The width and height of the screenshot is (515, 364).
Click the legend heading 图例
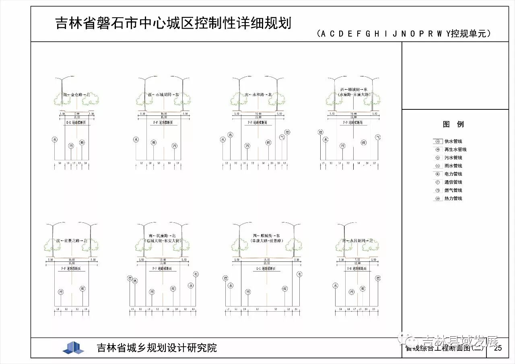click(x=453, y=124)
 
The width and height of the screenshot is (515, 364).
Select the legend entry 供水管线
click(x=453, y=141)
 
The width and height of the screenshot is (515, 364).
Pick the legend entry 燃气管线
click(x=453, y=190)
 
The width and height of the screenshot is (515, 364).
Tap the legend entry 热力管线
click(x=453, y=198)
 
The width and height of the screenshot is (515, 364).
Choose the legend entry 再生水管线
click(x=455, y=149)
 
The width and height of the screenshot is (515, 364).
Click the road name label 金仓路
click(x=76, y=95)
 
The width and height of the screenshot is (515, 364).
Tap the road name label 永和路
click(x=259, y=95)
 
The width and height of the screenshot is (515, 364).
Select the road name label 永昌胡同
click(x=358, y=241)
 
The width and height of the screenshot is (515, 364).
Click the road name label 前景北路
click(x=72, y=241)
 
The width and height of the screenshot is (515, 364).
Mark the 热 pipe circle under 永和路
click(x=230, y=135)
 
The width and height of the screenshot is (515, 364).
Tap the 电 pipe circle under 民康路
click(x=196, y=274)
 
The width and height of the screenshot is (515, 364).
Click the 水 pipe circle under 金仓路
click(x=55, y=140)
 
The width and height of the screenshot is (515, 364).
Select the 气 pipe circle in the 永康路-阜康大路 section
click(x=378, y=137)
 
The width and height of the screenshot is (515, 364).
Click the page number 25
click(x=498, y=348)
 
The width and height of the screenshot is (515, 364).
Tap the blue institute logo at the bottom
click(x=73, y=348)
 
